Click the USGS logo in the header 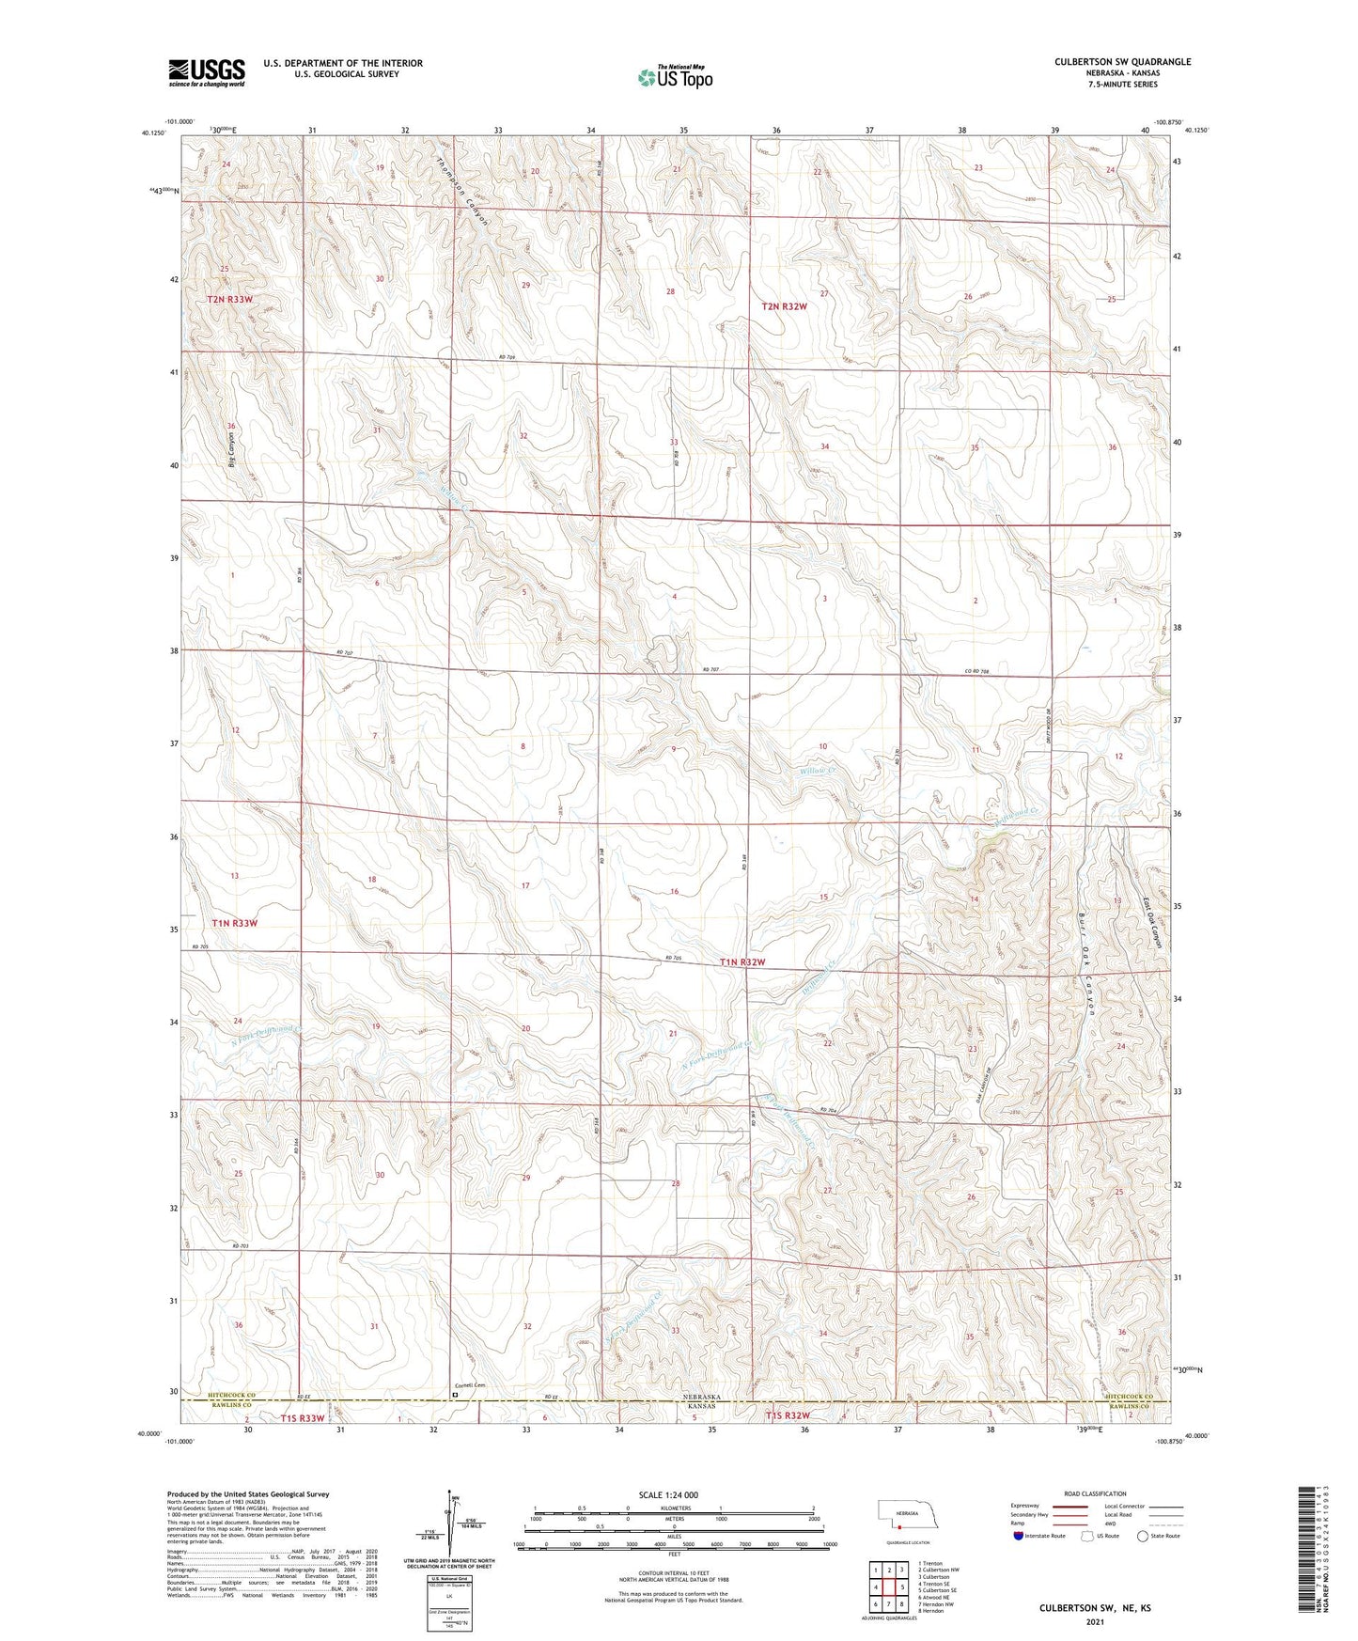coord(207,71)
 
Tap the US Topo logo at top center coord(675,77)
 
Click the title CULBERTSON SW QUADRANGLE coord(1122,62)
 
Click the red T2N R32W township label coord(784,306)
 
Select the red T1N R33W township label coord(234,923)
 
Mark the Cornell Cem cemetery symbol coord(455,1396)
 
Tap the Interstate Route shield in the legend coord(1019,1536)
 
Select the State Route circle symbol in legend coord(1142,1536)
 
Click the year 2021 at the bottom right coord(1094,1621)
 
